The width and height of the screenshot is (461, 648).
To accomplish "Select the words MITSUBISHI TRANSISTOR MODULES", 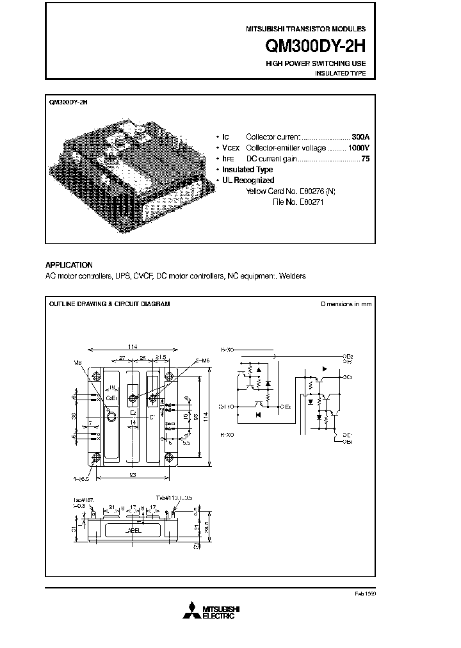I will pos(306,29).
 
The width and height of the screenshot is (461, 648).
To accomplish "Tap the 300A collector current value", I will pos(361,137).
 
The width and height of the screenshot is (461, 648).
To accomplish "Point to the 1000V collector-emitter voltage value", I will pos(357,148).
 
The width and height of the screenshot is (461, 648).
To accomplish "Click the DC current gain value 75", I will pos(366,159).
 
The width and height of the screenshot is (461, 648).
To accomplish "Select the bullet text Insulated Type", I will pos(247,170).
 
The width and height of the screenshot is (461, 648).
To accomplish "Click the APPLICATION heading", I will pos(69,265).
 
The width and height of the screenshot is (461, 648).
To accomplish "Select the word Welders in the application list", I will pos(293,276).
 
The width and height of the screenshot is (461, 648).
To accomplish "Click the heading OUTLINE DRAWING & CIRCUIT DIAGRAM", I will pos(109,304).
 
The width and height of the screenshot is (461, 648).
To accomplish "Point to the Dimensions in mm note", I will pos(346,304).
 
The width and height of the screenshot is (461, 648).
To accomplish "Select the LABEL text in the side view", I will pos(133,530).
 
